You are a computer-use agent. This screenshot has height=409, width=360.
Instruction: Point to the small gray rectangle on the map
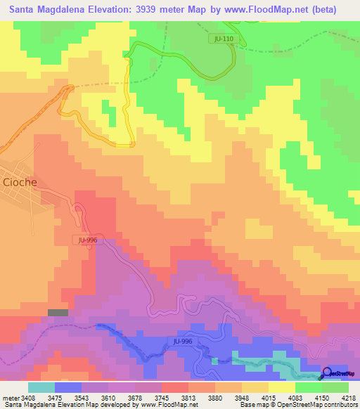[x=58, y=313]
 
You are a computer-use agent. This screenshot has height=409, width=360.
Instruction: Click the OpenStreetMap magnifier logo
[x=328, y=374]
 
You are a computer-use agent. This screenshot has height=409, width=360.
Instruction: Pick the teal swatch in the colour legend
[x=41, y=387]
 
